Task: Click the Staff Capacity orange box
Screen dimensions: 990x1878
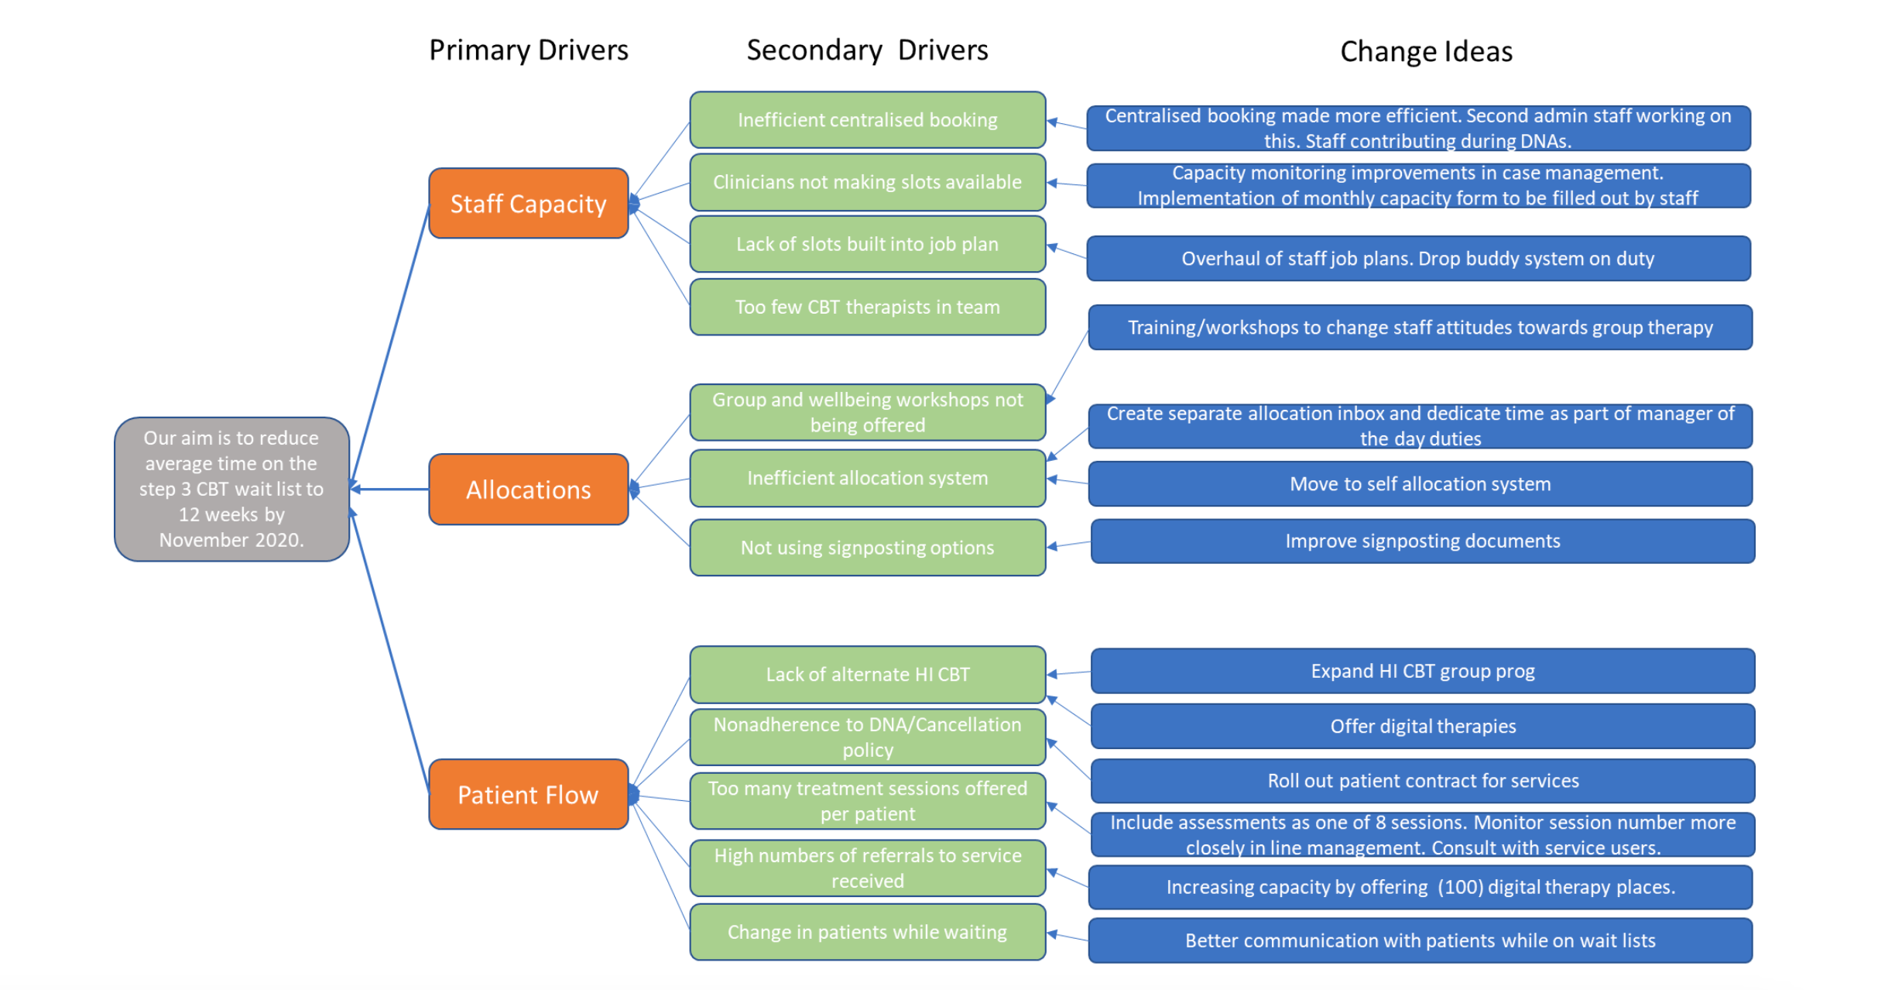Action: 528,203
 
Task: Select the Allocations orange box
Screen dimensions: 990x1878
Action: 528,489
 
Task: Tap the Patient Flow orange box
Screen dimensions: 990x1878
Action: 528,794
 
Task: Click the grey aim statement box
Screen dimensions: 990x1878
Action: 231,489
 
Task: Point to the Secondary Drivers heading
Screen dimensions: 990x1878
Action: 867,50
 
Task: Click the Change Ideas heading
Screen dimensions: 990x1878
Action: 1426,52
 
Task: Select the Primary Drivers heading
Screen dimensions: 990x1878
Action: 528,50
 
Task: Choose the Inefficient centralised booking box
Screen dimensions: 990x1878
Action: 867,120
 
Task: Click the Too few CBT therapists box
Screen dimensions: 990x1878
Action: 867,307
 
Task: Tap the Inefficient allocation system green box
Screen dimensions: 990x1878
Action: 867,478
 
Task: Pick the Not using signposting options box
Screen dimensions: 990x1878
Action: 867,548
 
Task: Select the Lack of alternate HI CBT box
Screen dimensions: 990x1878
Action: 867,674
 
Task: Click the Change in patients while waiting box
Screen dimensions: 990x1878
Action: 867,932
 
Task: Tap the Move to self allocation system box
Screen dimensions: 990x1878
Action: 1420,484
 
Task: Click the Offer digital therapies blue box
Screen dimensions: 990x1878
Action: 1422,726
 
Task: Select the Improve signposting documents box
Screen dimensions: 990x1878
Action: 1422,541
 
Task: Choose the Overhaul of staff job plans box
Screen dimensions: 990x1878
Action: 1417,259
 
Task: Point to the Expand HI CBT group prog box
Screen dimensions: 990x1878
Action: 1422,671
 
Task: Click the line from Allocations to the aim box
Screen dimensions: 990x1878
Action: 392,489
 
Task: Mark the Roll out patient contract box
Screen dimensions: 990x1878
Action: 1422,781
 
